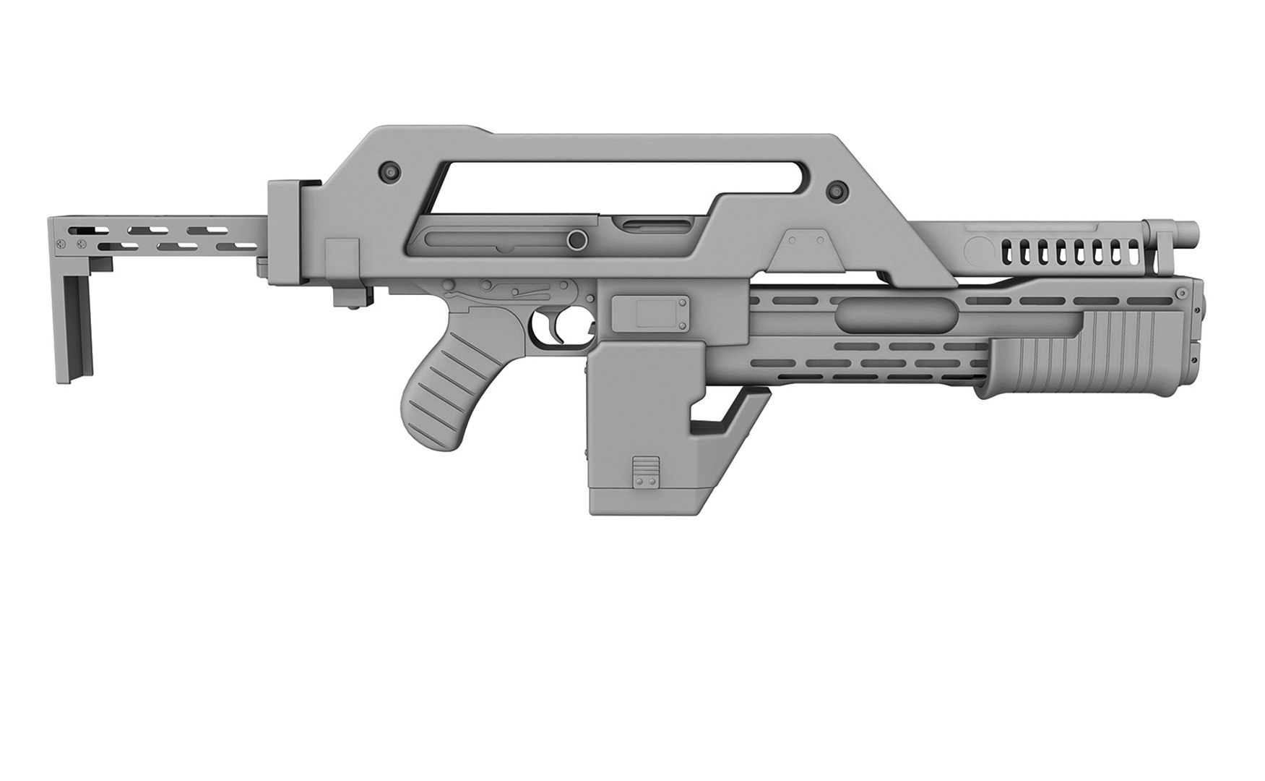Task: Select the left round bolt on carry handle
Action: (390, 171)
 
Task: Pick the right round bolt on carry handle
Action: (837, 189)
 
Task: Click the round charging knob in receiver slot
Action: (576, 239)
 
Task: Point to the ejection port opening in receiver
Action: (643, 226)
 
